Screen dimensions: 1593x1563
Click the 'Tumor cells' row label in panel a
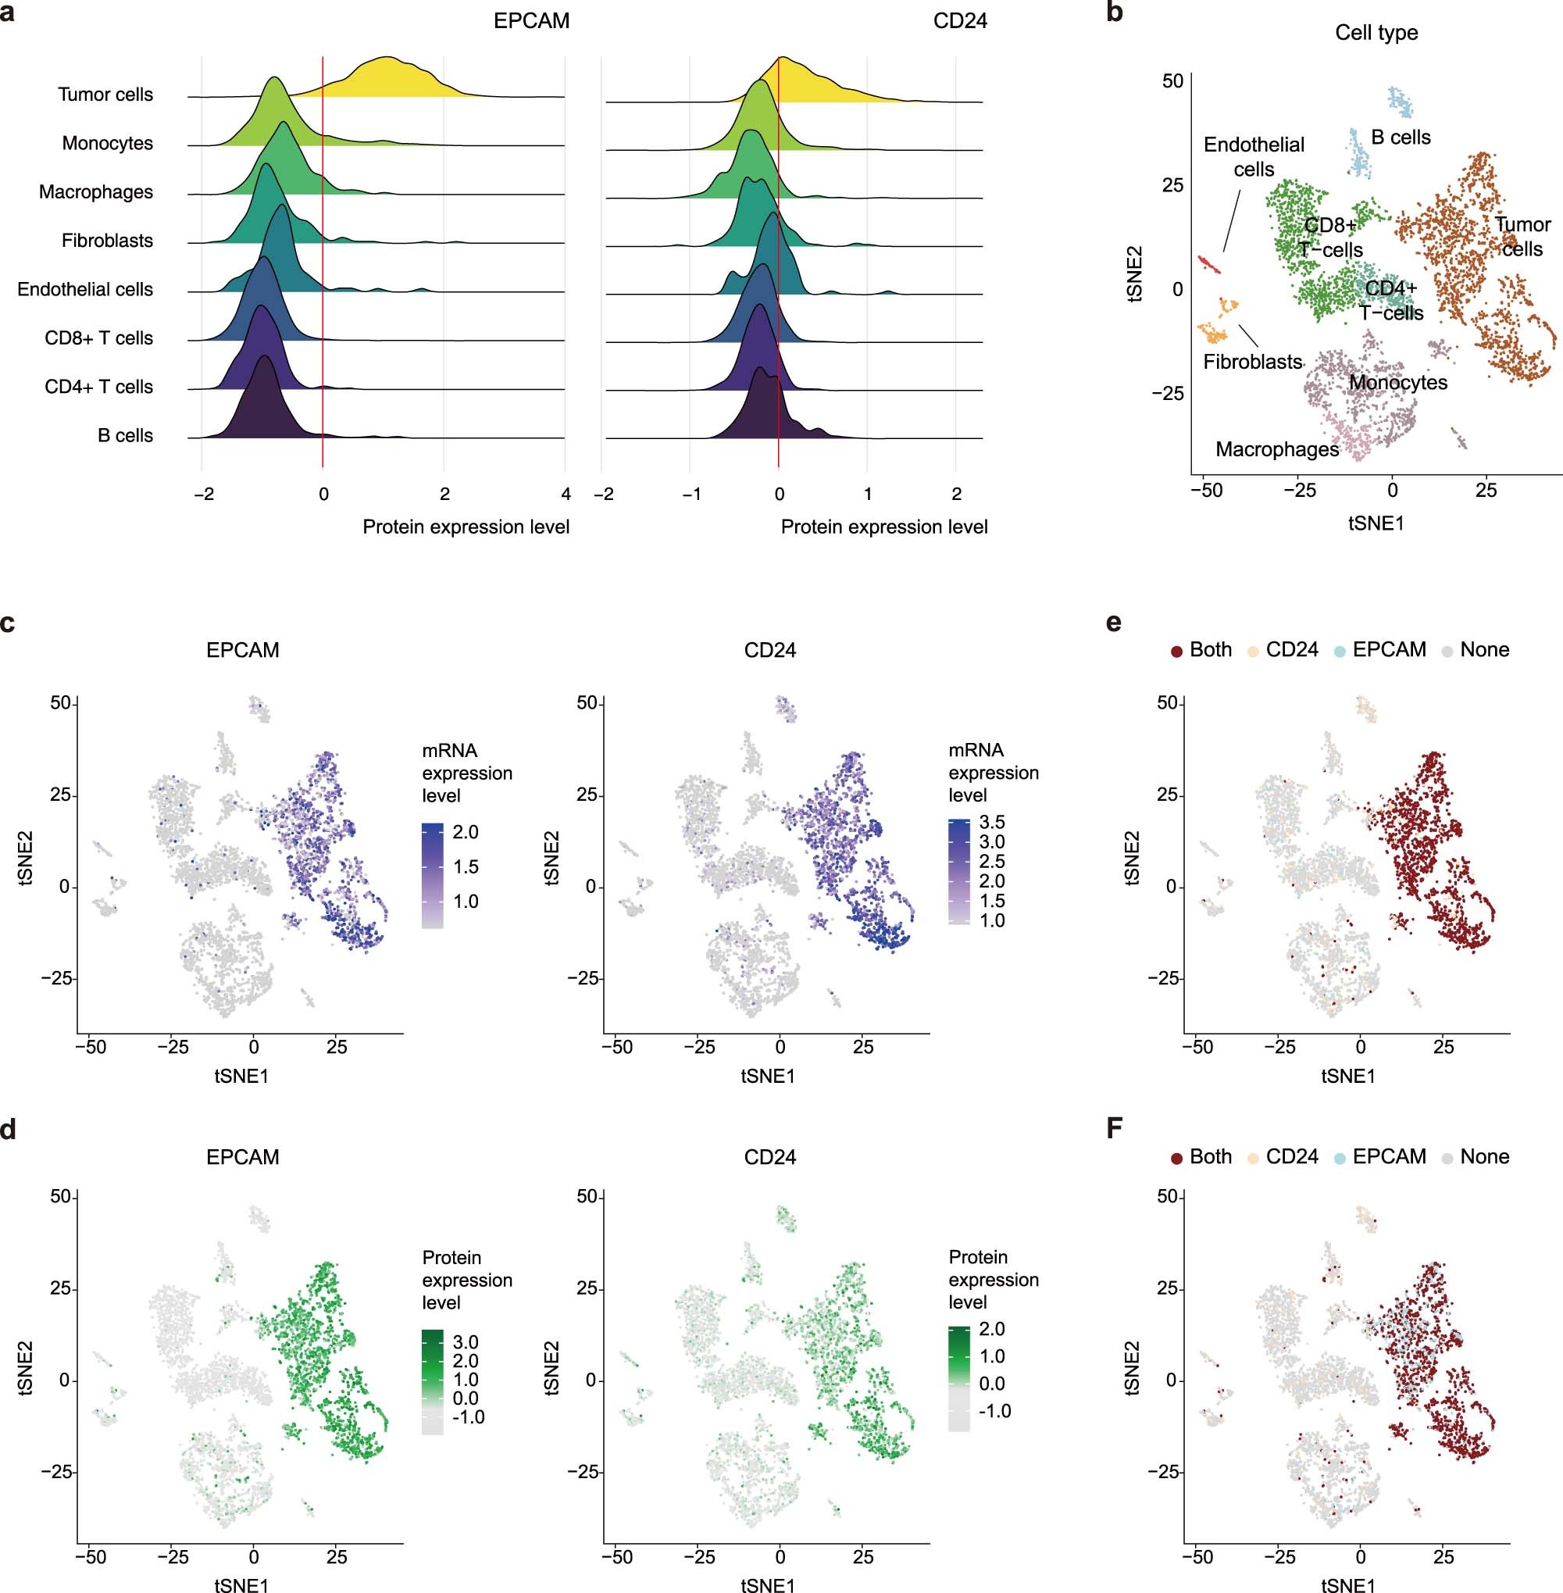click(x=105, y=95)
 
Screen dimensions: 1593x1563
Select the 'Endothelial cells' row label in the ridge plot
click(x=84, y=289)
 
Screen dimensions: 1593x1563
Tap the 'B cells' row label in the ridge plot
click(x=125, y=435)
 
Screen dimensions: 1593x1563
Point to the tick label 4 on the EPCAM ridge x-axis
click(x=566, y=495)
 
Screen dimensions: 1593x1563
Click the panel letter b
click(x=1115, y=12)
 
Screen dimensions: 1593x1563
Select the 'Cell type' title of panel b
click(x=1376, y=33)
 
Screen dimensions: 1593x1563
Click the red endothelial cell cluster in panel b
click(x=1208, y=264)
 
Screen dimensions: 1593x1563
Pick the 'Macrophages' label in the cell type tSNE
click(x=1276, y=449)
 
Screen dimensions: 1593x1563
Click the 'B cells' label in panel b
click(x=1401, y=138)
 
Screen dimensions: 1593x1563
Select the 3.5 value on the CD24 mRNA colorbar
click(x=992, y=822)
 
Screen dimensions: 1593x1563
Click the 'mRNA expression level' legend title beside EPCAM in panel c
click(x=466, y=773)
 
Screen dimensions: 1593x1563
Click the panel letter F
click(x=1114, y=1128)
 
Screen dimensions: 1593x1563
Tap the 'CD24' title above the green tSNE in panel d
click(x=769, y=1157)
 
